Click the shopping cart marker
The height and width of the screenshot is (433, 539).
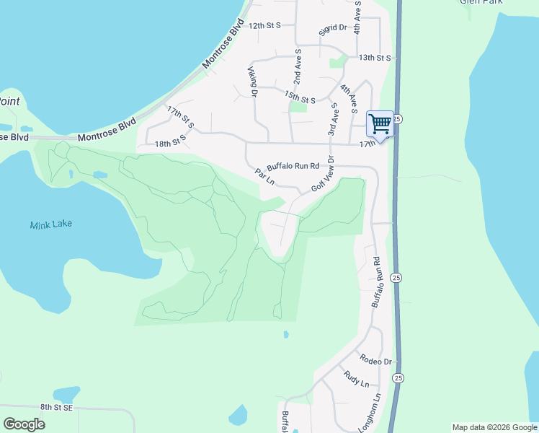point(380,123)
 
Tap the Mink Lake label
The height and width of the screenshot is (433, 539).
point(51,225)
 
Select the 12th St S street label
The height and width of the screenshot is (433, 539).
point(264,25)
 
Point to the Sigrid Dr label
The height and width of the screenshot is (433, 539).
point(334,29)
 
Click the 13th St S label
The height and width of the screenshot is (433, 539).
point(374,57)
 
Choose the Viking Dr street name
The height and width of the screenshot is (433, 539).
point(252,82)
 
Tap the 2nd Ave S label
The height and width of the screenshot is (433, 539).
point(297,68)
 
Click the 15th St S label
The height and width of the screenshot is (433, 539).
point(300,97)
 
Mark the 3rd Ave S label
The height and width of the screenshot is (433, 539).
point(332,119)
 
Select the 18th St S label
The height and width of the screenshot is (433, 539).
point(171,144)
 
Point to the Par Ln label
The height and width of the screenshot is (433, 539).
point(265,177)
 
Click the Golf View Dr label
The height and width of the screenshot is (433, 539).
point(324,175)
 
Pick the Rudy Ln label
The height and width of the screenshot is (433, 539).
point(357,378)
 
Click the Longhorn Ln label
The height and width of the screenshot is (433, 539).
point(375,412)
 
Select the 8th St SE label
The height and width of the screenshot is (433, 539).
point(57,408)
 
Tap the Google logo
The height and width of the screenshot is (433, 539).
point(24,424)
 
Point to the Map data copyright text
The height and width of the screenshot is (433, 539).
point(494,427)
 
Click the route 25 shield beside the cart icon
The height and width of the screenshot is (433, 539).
point(397,118)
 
